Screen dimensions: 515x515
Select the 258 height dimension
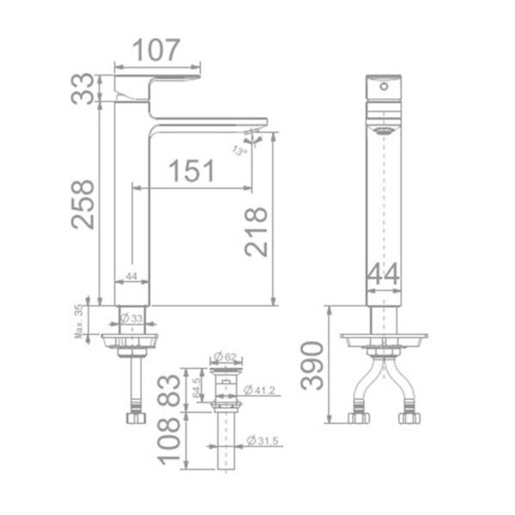[x=83, y=203]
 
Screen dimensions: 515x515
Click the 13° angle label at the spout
[x=239, y=149]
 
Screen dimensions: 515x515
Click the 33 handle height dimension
[x=83, y=88]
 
